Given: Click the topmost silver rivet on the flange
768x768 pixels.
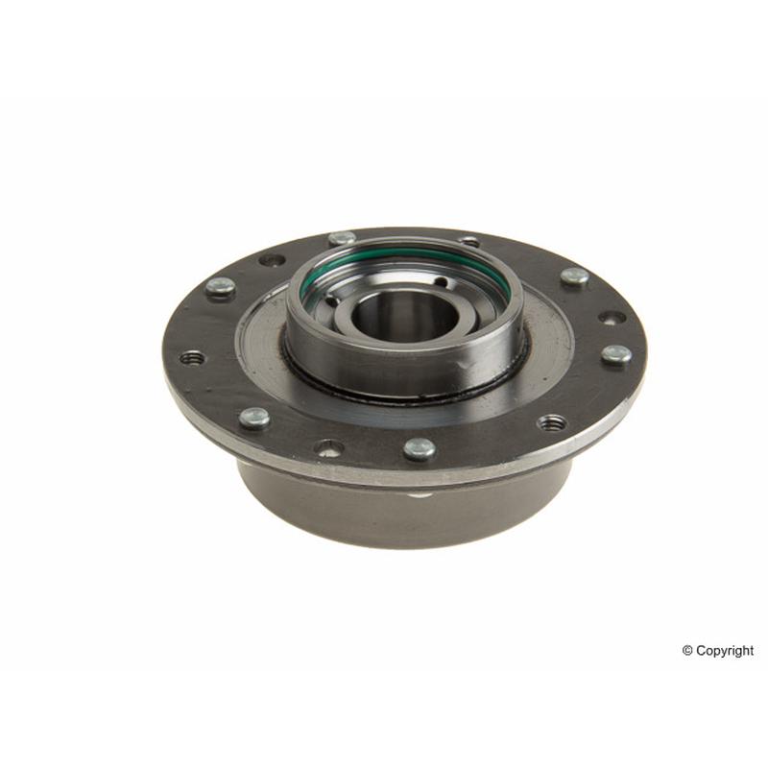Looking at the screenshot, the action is coord(342,239).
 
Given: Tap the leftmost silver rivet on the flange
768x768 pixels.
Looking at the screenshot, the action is coord(221,286).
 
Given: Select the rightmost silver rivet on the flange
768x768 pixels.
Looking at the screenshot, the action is coord(616,354).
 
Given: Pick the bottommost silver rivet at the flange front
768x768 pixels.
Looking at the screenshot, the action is coord(420,448).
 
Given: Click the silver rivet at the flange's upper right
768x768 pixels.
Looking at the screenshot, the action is coord(574,277).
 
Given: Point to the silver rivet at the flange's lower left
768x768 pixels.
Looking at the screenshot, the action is coord(254,418).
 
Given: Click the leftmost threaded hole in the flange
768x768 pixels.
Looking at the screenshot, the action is coord(192,358).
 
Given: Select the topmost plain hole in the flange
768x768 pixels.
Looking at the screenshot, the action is coord(469,241).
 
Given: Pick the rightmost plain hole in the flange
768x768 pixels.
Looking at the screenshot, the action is coord(612,318).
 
